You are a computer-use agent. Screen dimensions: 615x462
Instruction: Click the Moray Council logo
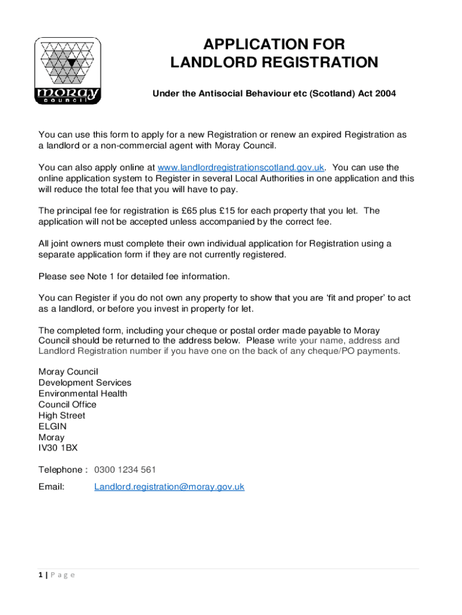pyautogui.click(x=68, y=71)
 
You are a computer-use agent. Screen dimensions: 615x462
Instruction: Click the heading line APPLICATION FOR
pyautogui.click(x=274, y=44)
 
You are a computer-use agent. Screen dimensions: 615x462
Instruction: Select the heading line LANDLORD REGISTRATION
pyautogui.click(x=274, y=62)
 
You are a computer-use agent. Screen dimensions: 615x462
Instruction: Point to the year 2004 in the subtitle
pyautogui.click(x=385, y=94)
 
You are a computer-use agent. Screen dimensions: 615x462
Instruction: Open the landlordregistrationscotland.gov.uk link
pyautogui.click(x=241, y=168)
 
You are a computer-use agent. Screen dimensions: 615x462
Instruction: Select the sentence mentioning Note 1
pyautogui.click(x=134, y=276)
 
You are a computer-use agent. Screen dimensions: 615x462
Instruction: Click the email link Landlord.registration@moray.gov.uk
pyautogui.click(x=169, y=487)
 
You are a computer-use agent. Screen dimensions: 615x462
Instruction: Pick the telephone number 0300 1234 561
pyautogui.click(x=125, y=470)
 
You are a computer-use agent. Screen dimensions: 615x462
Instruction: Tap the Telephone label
pyautogui.click(x=61, y=470)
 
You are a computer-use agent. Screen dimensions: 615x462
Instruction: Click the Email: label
pyautogui.click(x=52, y=487)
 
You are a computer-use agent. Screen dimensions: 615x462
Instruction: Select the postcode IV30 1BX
pyautogui.click(x=58, y=448)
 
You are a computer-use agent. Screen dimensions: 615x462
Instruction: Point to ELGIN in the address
pyautogui.click(x=53, y=426)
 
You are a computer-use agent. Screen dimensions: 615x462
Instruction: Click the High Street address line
pyautogui.click(x=62, y=416)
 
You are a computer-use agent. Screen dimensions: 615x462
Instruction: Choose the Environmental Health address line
pyautogui.click(x=83, y=393)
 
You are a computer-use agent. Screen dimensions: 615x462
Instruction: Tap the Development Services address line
pyautogui.click(x=85, y=383)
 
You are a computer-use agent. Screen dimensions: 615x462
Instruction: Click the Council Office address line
pyautogui.click(x=67, y=405)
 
